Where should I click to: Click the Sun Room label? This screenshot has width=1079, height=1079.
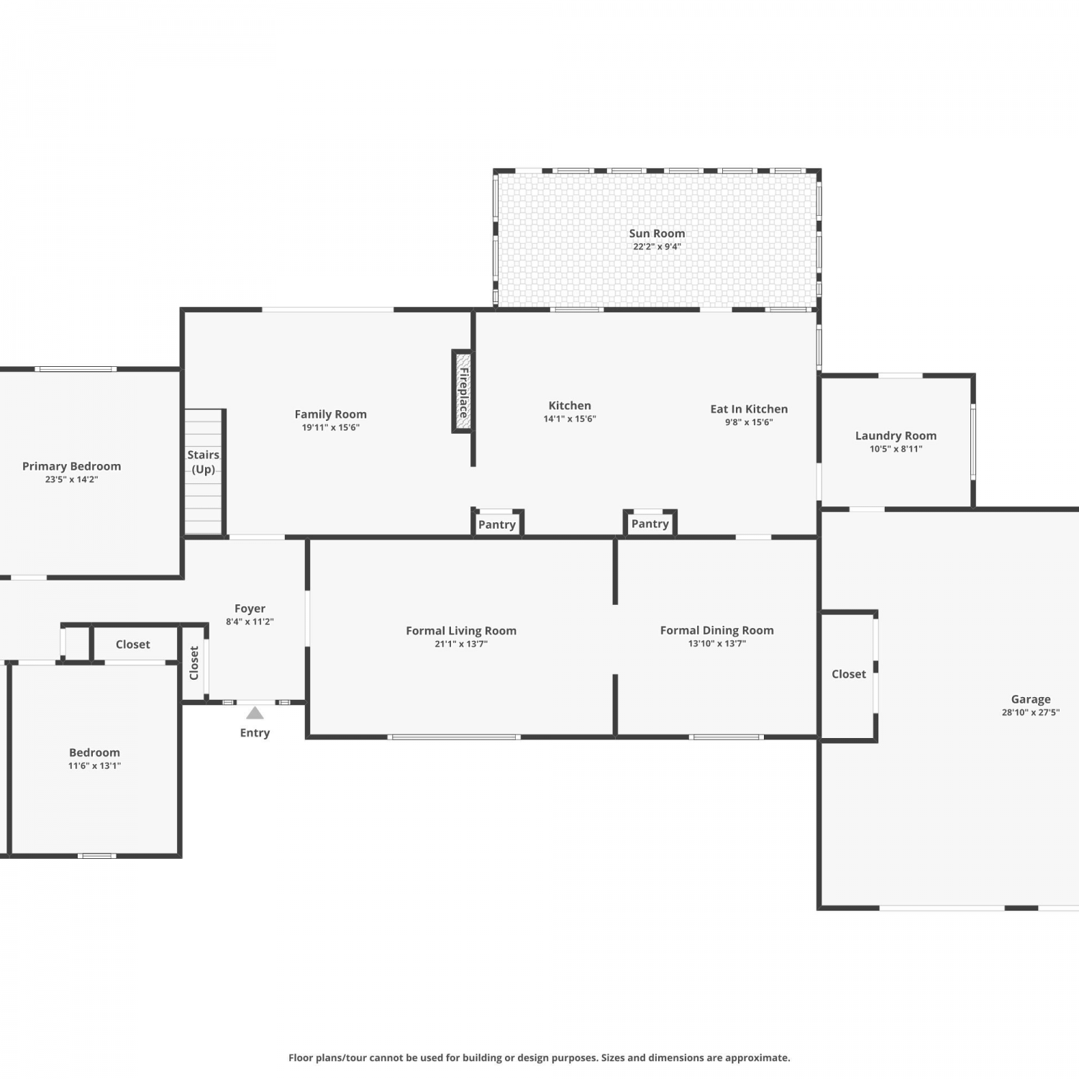pos(657,233)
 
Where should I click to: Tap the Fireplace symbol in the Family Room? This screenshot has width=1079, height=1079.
pos(463,391)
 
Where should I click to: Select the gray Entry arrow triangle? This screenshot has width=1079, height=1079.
pos(255,713)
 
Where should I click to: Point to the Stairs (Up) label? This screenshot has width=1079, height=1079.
pos(204,462)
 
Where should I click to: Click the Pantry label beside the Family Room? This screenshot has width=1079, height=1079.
pos(497,524)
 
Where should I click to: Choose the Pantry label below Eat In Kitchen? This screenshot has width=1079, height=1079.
pos(650,524)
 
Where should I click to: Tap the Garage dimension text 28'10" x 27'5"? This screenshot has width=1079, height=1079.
pos(1031,713)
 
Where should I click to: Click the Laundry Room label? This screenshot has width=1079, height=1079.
pos(896,435)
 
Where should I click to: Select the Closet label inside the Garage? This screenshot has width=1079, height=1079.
pos(849,674)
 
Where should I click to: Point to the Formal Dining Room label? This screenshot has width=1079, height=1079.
pos(717,630)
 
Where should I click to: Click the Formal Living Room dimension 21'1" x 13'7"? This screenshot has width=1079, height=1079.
pos(461,644)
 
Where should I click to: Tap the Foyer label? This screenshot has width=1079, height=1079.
pos(250,609)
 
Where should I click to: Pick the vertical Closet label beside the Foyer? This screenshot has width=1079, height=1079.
pos(194,663)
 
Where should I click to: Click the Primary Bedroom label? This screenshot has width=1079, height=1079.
pos(71,466)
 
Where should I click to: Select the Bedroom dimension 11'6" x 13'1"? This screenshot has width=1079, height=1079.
pos(94,765)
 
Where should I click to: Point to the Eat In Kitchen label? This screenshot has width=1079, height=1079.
pos(749,409)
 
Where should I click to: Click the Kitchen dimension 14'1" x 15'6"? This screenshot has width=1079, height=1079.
pos(570,419)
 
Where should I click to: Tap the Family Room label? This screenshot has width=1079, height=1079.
pos(331,414)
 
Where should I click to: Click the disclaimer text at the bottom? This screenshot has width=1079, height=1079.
pos(539,1057)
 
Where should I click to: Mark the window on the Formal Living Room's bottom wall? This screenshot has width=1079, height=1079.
pos(453,737)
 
